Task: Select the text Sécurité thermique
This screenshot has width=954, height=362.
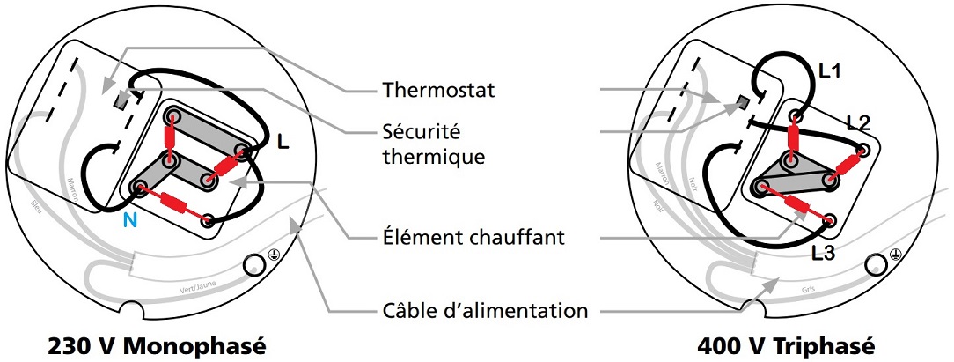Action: click(429, 144)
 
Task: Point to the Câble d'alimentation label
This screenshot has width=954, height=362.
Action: click(485, 310)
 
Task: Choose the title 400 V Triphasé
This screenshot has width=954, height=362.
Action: click(787, 344)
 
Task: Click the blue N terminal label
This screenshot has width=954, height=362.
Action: click(129, 220)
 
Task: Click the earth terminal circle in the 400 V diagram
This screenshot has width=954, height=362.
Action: click(876, 264)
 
